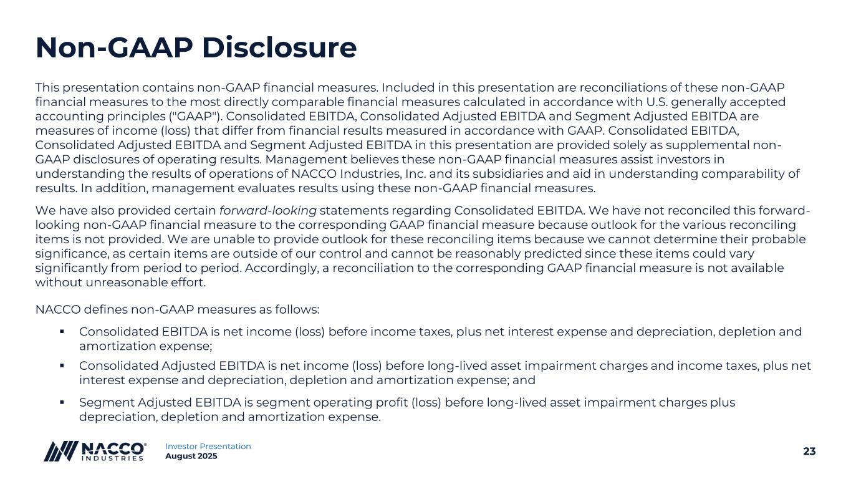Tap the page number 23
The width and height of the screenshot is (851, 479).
click(809, 452)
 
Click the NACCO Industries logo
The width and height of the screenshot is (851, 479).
click(95, 451)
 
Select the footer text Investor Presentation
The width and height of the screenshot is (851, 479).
click(208, 446)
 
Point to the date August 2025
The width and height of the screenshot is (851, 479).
click(191, 457)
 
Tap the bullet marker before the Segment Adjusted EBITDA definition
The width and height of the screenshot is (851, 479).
click(62, 402)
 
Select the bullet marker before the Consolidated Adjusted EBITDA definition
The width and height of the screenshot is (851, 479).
click(62, 366)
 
